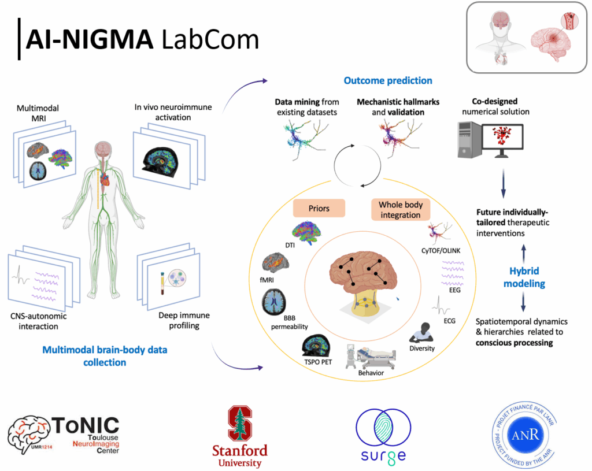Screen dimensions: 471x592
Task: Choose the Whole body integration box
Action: [400, 209]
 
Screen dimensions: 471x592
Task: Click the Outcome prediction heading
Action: [388, 81]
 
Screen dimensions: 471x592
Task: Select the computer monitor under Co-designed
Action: [497, 140]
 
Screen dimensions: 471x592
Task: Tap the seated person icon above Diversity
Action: [423, 332]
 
